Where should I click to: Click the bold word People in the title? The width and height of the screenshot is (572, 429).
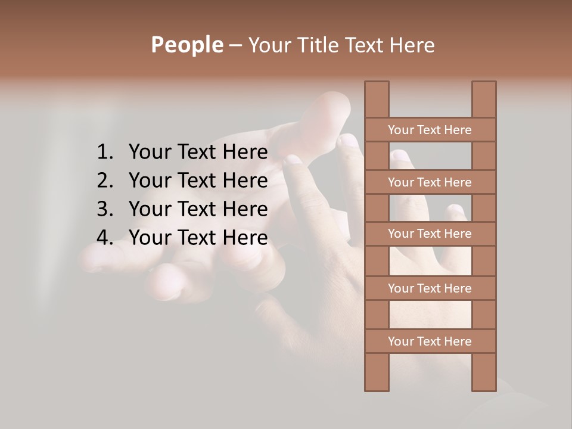click(x=186, y=45)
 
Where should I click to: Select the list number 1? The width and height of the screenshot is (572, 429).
click(x=104, y=153)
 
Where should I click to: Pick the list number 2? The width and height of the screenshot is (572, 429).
click(x=104, y=181)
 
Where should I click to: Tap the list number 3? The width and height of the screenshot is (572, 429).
click(x=104, y=209)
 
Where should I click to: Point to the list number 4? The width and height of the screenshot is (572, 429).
click(x=104, y=238)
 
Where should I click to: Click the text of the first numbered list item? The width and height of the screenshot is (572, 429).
click(x=198, y=153)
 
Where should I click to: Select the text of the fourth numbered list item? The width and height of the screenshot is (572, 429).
click(x=198, y=238)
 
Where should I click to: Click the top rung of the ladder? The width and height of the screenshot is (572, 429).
click(x=430, y=130)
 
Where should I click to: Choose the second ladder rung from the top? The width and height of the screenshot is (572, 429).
click(x=430, y=182)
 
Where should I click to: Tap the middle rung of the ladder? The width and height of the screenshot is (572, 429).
click(x=430, y=234)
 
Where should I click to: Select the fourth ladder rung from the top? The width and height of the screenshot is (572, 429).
click(x=430, y=288)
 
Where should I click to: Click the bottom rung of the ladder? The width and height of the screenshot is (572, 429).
click(x=430, y=341)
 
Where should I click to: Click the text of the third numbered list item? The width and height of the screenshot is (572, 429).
click(x=198, y=209)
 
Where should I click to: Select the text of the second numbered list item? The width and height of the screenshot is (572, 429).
click(x=198, y=181)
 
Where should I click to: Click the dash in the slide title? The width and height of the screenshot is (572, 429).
click(x=235, y=46)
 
